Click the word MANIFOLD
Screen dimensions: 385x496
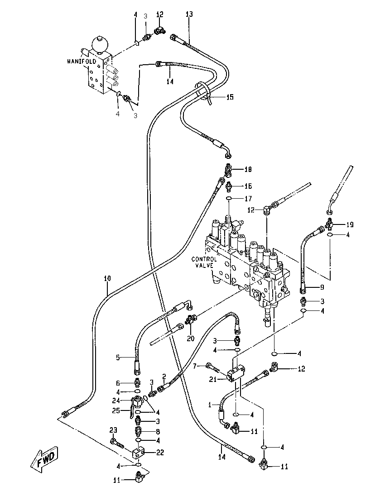tap(82, 62)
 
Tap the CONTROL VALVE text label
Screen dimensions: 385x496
tap(204, 262)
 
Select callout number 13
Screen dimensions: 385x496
tap(189, 14)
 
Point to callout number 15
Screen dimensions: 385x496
tap(230, 97)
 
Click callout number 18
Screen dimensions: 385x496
tap(248, 170)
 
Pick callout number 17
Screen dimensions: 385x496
tap(248, 198)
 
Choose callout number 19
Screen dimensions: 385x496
tap(350, 224)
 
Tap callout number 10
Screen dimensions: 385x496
tap(107, 279)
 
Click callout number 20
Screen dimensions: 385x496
tap(190, 339)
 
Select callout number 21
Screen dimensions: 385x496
tap(213, 379)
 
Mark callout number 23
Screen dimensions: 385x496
tap(113, 430)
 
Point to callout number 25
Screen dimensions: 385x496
tap(115, 410)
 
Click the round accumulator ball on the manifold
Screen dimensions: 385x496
tap(99, 44)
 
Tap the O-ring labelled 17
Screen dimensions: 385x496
tap(231, 198)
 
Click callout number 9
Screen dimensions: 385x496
tap(322, 287)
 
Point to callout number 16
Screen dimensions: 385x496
tap(248, 186)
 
